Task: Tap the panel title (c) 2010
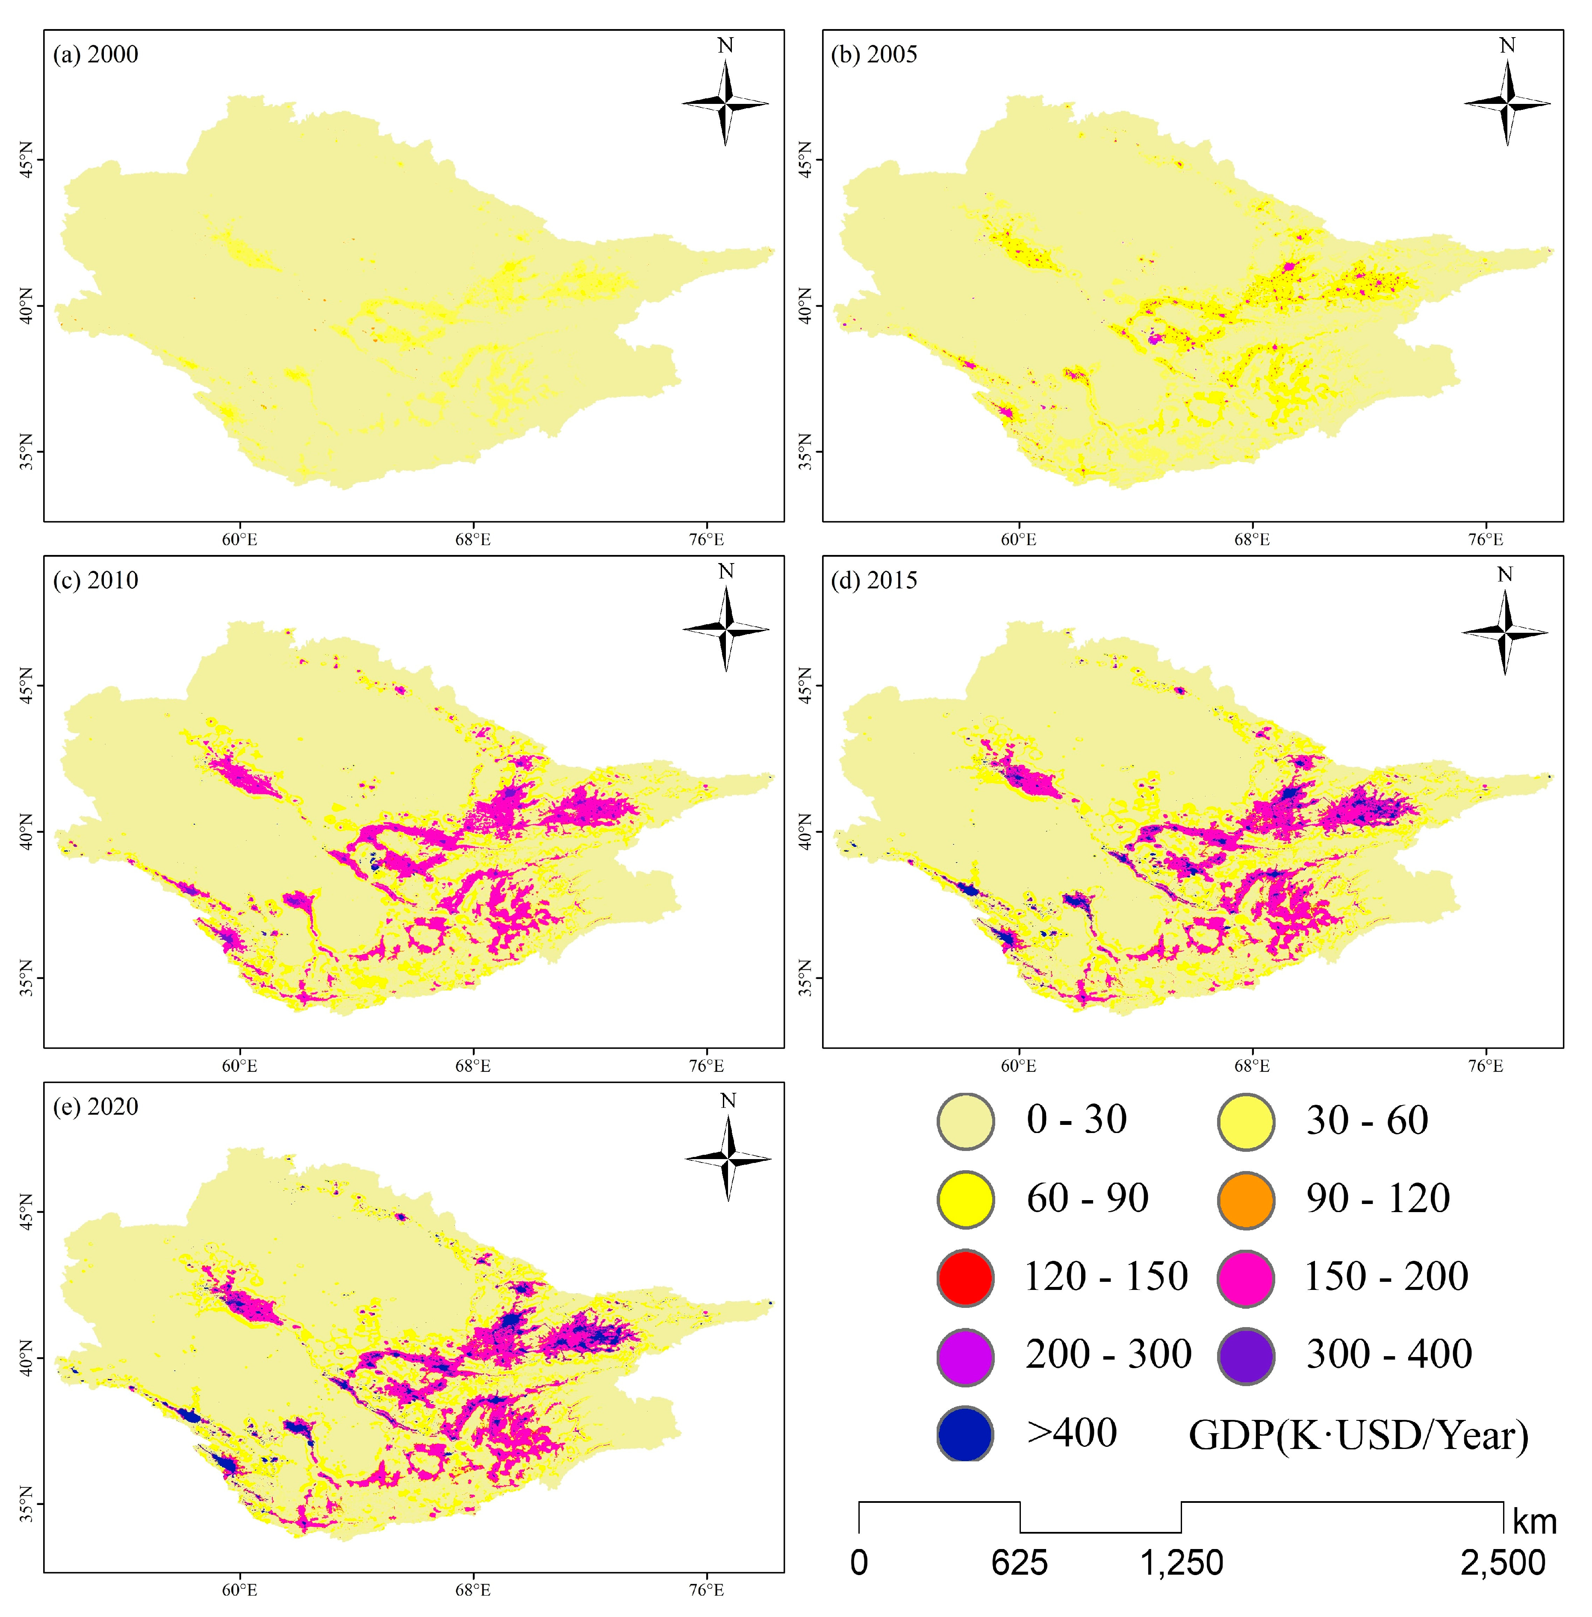click(x=95, y=580)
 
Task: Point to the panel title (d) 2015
click(x=874, y=580)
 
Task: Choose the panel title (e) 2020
click(x=95, y=1107)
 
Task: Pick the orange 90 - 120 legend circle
click(x=1246, y=1200)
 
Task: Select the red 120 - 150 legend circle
click(x=966, y=1278)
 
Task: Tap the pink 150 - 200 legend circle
click(x=1246, y=1278)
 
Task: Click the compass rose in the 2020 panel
click(x=728, y=1159)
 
